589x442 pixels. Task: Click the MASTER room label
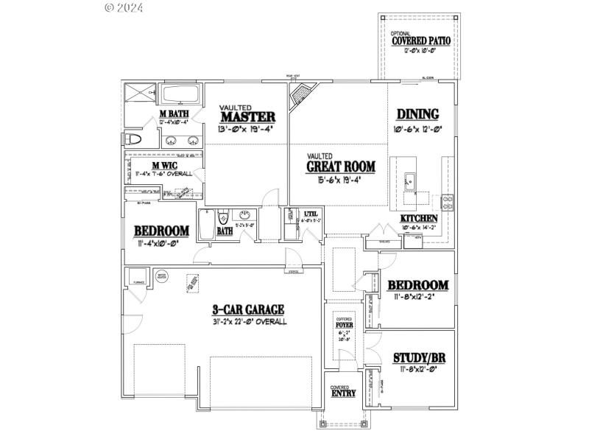coord(247,116)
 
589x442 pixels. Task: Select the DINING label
coord(417,114)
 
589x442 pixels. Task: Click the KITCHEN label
coord(419,219)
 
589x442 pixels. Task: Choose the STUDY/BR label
coord(418,358)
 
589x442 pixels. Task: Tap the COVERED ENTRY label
coord(342,392)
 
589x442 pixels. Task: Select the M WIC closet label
coord(163,165)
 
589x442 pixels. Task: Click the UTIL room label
coord(310,214)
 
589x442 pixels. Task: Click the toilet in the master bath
coord(135,139)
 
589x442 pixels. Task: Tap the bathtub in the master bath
coord(180,95)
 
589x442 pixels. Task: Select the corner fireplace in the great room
coord(300,95)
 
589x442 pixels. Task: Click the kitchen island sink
coord(409,180)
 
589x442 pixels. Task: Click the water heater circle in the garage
coord(162,277)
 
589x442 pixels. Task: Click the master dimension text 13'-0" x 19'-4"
coord(247,129)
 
